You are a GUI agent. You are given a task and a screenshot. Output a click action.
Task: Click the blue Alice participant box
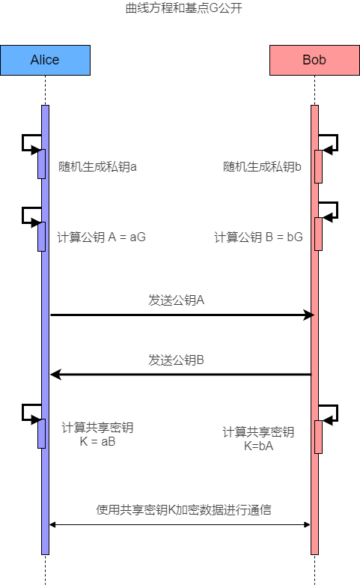click(x=45, y=60)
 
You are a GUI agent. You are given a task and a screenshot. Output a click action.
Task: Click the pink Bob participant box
click(x=314, y=60)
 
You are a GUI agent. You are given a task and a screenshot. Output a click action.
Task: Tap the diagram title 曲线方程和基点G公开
click(x=183, y=7)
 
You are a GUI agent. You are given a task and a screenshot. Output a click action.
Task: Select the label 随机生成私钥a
click(x=97, y=166)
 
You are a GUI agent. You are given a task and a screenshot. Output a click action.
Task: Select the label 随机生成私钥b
click(x=262, y=166)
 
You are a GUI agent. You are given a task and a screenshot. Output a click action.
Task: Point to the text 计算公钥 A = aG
click(x=101, y=237)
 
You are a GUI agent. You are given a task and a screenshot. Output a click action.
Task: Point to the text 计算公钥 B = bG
click(x=258, y=237)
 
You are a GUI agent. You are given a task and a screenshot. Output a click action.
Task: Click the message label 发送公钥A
click(x=176, y=300)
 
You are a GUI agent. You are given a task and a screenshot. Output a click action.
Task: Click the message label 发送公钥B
click(x=176, y=360)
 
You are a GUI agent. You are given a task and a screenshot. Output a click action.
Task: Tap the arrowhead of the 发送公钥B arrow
click(x=55, y=375)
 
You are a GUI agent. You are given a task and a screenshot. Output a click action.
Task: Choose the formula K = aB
click(x=97, y=442)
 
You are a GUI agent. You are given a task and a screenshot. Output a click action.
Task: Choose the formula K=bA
click(x=258, y=446)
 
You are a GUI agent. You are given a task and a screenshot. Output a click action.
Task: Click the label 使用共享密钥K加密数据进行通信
click(x=183, y=509)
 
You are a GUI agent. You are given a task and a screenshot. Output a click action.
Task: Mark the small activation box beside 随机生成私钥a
click(x=41, y=164)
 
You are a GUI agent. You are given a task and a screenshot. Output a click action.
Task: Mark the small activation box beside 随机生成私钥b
click(x=318, y=166)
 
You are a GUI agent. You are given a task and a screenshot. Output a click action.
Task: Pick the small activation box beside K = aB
click(x=41, y=434)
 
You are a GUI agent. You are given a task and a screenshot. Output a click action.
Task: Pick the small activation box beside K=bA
click(x=318, y=437)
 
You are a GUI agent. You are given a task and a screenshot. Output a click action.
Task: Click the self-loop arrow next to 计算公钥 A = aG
click(x=22, y=216)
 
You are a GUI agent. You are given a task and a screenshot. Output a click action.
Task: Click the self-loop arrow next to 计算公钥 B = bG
click(x=337, y=210)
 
